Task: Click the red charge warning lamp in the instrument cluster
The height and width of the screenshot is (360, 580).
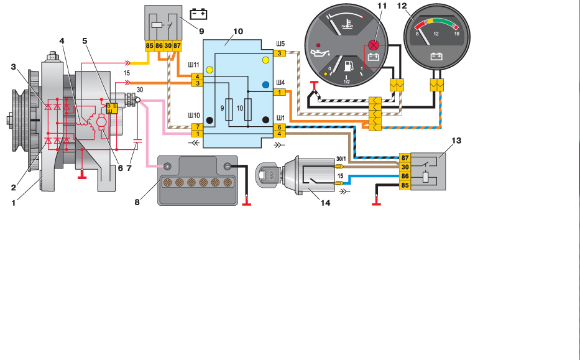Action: click(374, 45)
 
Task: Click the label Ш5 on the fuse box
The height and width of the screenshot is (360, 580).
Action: click(280, 45)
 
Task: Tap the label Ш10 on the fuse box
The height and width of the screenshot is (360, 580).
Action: click(195, 116)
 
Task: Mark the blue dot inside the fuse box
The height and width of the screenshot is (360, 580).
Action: click(265, 84)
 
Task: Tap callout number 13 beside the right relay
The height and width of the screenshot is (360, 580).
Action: click(456, 141)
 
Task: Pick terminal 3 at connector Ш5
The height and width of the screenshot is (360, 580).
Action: click(280, 54)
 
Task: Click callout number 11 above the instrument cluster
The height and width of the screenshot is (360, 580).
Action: click(381, 6)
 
